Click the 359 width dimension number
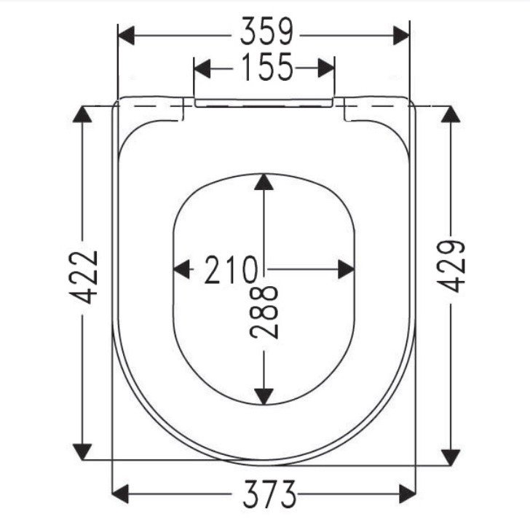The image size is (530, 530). pos(266,31)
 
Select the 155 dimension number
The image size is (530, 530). pos(267,67)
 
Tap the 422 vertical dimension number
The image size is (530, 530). pos(84,277)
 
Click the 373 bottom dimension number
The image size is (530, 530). pos(269,494)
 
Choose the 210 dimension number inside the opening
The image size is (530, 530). pos(231,269)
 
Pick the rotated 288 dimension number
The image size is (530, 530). pos(264,312)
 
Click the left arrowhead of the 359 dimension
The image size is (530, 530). pos(126,36)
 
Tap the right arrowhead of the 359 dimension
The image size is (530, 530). pos(401,36)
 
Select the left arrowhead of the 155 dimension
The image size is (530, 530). pos(202,68)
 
